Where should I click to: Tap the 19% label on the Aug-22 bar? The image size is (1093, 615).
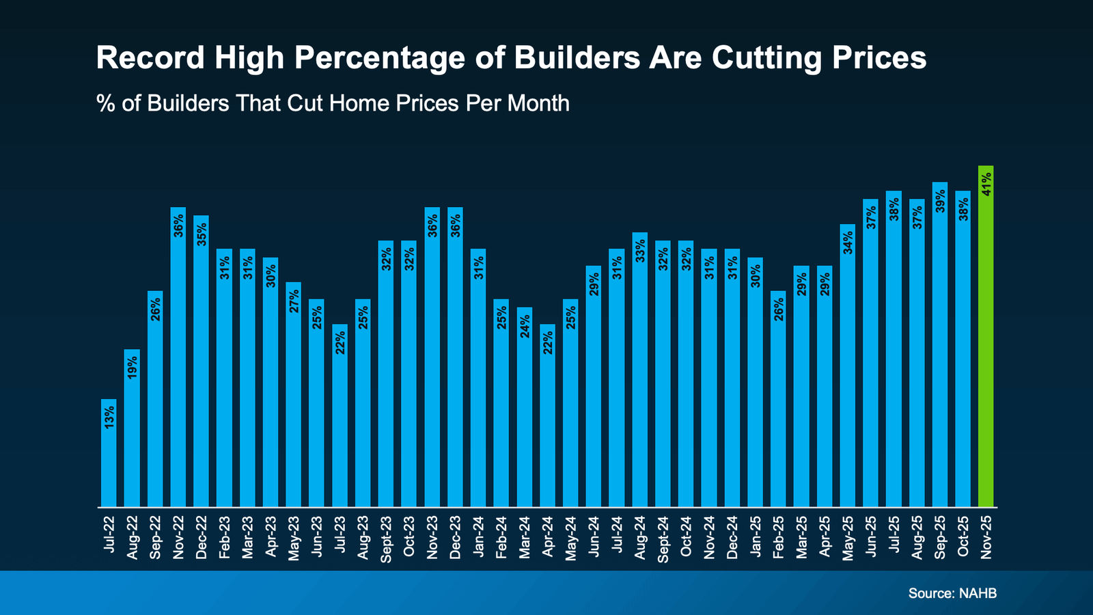pos(132,367)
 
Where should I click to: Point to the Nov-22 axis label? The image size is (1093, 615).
pos(178,538)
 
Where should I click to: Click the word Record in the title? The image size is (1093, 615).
pos(150,58)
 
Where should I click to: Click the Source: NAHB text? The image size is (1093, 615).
pos(952,593)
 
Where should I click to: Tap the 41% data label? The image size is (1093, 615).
pos(986,184)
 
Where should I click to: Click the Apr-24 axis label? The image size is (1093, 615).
pos(547,538)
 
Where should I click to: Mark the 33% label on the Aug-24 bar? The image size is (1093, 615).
pos(639,251)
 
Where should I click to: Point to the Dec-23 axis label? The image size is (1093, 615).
pos(455,538)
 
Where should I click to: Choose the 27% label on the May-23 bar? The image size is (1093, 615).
pos(294,301)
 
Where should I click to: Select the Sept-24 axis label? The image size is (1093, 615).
pos(663,540)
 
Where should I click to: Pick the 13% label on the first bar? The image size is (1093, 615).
pos(109,417)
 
